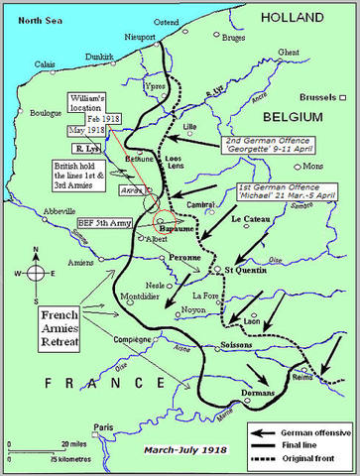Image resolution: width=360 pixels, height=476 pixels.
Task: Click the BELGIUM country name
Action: [298, 116]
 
